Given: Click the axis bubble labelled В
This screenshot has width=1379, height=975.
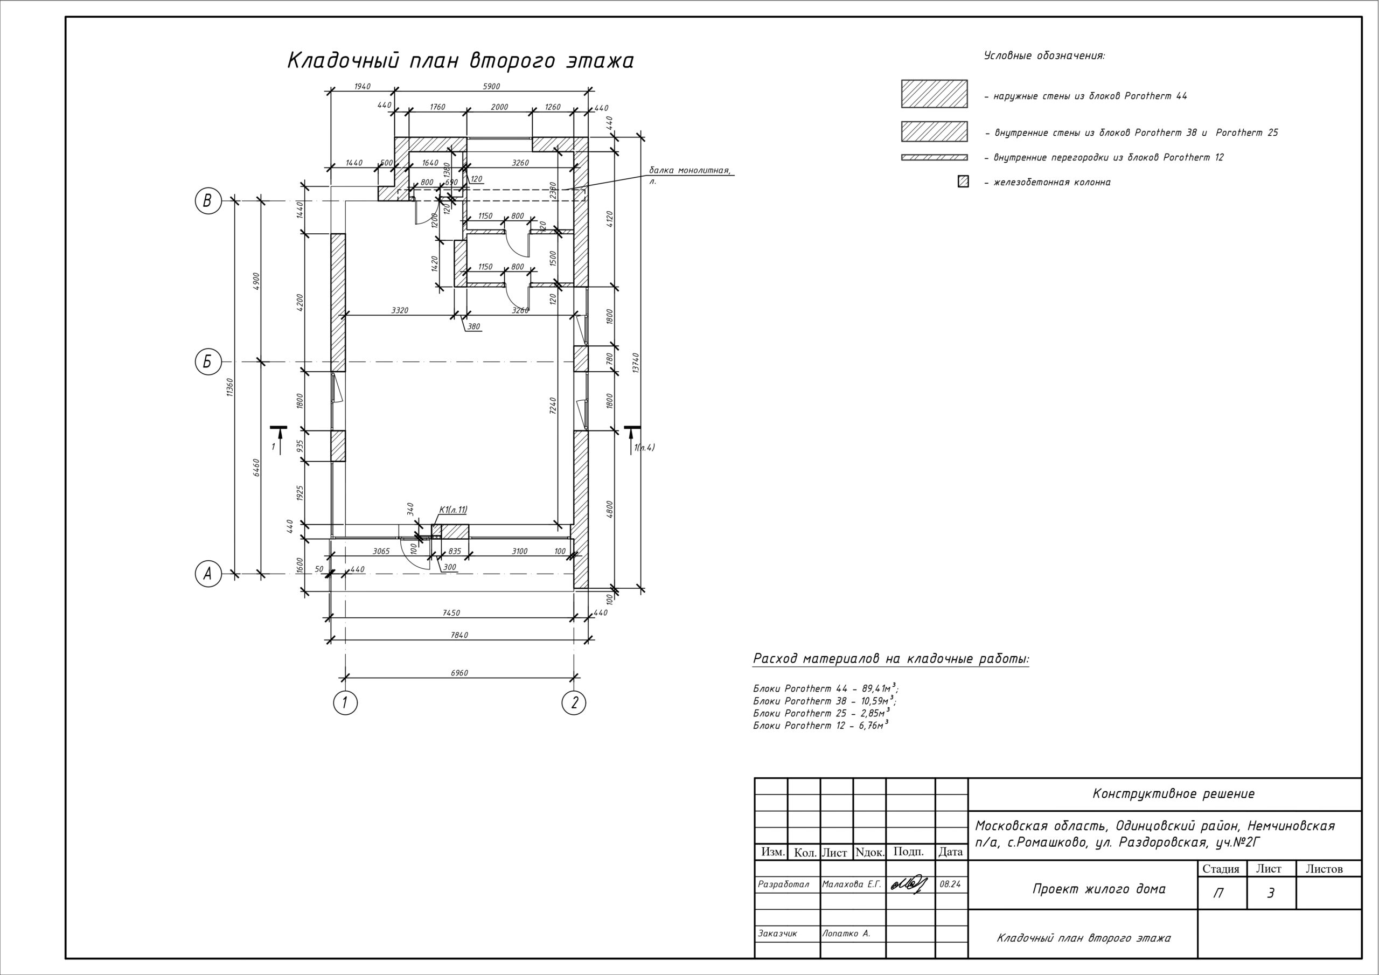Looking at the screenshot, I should tap(208, 200).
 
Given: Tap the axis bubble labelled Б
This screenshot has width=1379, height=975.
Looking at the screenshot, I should tap(208, 362).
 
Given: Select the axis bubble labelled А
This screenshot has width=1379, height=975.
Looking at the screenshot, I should tap(208, 574).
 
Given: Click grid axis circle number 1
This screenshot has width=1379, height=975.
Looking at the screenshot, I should tap(345, 703).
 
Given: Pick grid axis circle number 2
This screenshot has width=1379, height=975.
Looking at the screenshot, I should tap(574, 703).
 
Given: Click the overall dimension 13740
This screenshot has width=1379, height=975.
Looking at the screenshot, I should tap(636, 362).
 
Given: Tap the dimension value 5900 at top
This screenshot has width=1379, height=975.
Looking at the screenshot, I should tap(491, 87).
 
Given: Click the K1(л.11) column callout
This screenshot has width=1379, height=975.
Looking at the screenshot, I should tap(453, 510).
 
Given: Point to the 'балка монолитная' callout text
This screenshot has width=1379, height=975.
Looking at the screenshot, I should tap(689, 171).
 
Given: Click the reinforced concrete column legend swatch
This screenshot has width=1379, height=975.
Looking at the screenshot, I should tap(963, 182).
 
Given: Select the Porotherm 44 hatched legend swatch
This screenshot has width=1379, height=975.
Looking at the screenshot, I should tap(934, 94).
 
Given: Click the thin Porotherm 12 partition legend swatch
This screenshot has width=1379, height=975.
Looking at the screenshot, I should tap(934, 157).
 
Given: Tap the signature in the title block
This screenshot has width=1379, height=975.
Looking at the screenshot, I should tap(908, 885).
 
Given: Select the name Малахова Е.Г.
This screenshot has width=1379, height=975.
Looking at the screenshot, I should tap(851, 885).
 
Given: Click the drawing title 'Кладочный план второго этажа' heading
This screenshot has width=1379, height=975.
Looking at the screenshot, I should tap(460, 61).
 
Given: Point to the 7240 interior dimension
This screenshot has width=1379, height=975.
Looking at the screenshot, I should tap(553, 405).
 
